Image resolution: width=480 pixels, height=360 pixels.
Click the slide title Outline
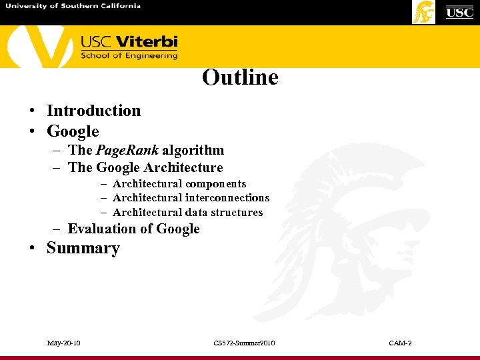click(x=240, y=77)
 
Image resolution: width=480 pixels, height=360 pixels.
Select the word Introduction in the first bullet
click(x=93, y=111)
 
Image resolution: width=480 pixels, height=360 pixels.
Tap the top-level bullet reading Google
click(x=73, y=131)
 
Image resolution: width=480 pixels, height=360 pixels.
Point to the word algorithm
click(x=193, y=150)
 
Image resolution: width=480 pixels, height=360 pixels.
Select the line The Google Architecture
click(x=145, y=167)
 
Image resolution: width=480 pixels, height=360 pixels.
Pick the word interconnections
click(x=227, y=198)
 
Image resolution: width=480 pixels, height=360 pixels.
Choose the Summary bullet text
click(x=83, y=249)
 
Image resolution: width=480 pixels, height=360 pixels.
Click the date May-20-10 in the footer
click(x=64, y=343)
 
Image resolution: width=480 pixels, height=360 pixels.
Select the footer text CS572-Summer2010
click(x=244, y=343)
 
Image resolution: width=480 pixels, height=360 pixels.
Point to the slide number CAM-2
click(x=400, y=343)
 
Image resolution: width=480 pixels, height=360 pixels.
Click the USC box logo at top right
click(x=459, y=12)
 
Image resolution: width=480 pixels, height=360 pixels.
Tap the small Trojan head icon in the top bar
click(x=423, y=12)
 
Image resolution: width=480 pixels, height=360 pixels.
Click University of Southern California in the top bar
click(x=73, y=6)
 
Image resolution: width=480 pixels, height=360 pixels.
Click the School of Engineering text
click(x=129, y=56)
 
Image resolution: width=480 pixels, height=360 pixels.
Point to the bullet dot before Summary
click(x=31, y=249)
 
